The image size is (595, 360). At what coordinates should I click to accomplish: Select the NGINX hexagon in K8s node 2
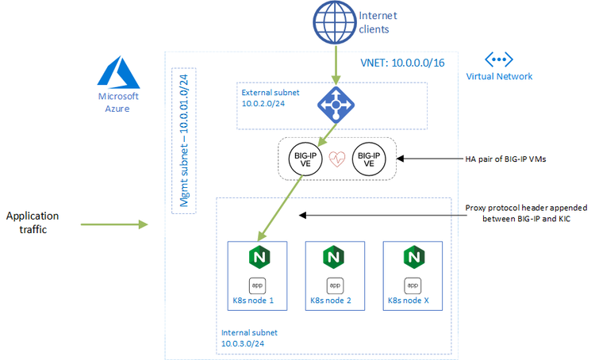pos(335,258)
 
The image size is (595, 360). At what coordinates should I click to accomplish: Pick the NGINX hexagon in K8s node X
pos(413,258)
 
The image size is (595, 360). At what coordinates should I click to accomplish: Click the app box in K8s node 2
pos(335,284)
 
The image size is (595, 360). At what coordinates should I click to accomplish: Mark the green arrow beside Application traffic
pos(114,225)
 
